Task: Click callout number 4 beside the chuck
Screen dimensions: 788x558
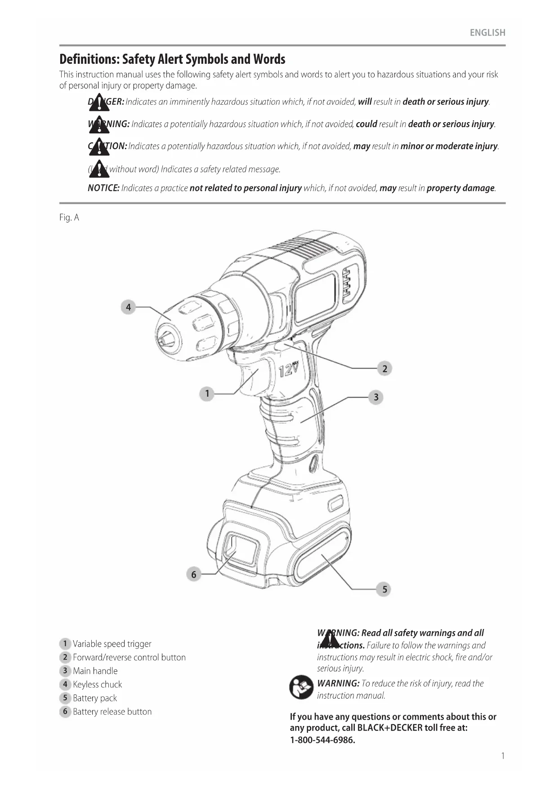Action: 128,307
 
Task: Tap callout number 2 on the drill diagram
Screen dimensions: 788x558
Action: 384,369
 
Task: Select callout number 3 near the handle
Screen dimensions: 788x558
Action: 376,397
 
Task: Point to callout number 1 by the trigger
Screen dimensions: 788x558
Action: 207,394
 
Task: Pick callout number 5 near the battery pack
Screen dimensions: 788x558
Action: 384,589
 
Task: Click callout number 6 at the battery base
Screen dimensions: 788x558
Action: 194,575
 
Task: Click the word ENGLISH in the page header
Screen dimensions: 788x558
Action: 487,33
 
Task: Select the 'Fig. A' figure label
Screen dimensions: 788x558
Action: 69,218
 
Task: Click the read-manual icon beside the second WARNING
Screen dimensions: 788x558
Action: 301,687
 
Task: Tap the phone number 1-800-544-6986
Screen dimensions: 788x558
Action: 322,740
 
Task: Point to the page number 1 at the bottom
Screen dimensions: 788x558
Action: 503,756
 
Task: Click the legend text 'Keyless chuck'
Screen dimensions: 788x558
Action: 97,685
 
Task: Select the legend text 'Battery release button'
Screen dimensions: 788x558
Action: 112,712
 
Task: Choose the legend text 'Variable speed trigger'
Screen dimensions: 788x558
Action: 112,644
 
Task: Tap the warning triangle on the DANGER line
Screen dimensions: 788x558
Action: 99,103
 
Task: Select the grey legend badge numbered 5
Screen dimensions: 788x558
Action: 65,698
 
